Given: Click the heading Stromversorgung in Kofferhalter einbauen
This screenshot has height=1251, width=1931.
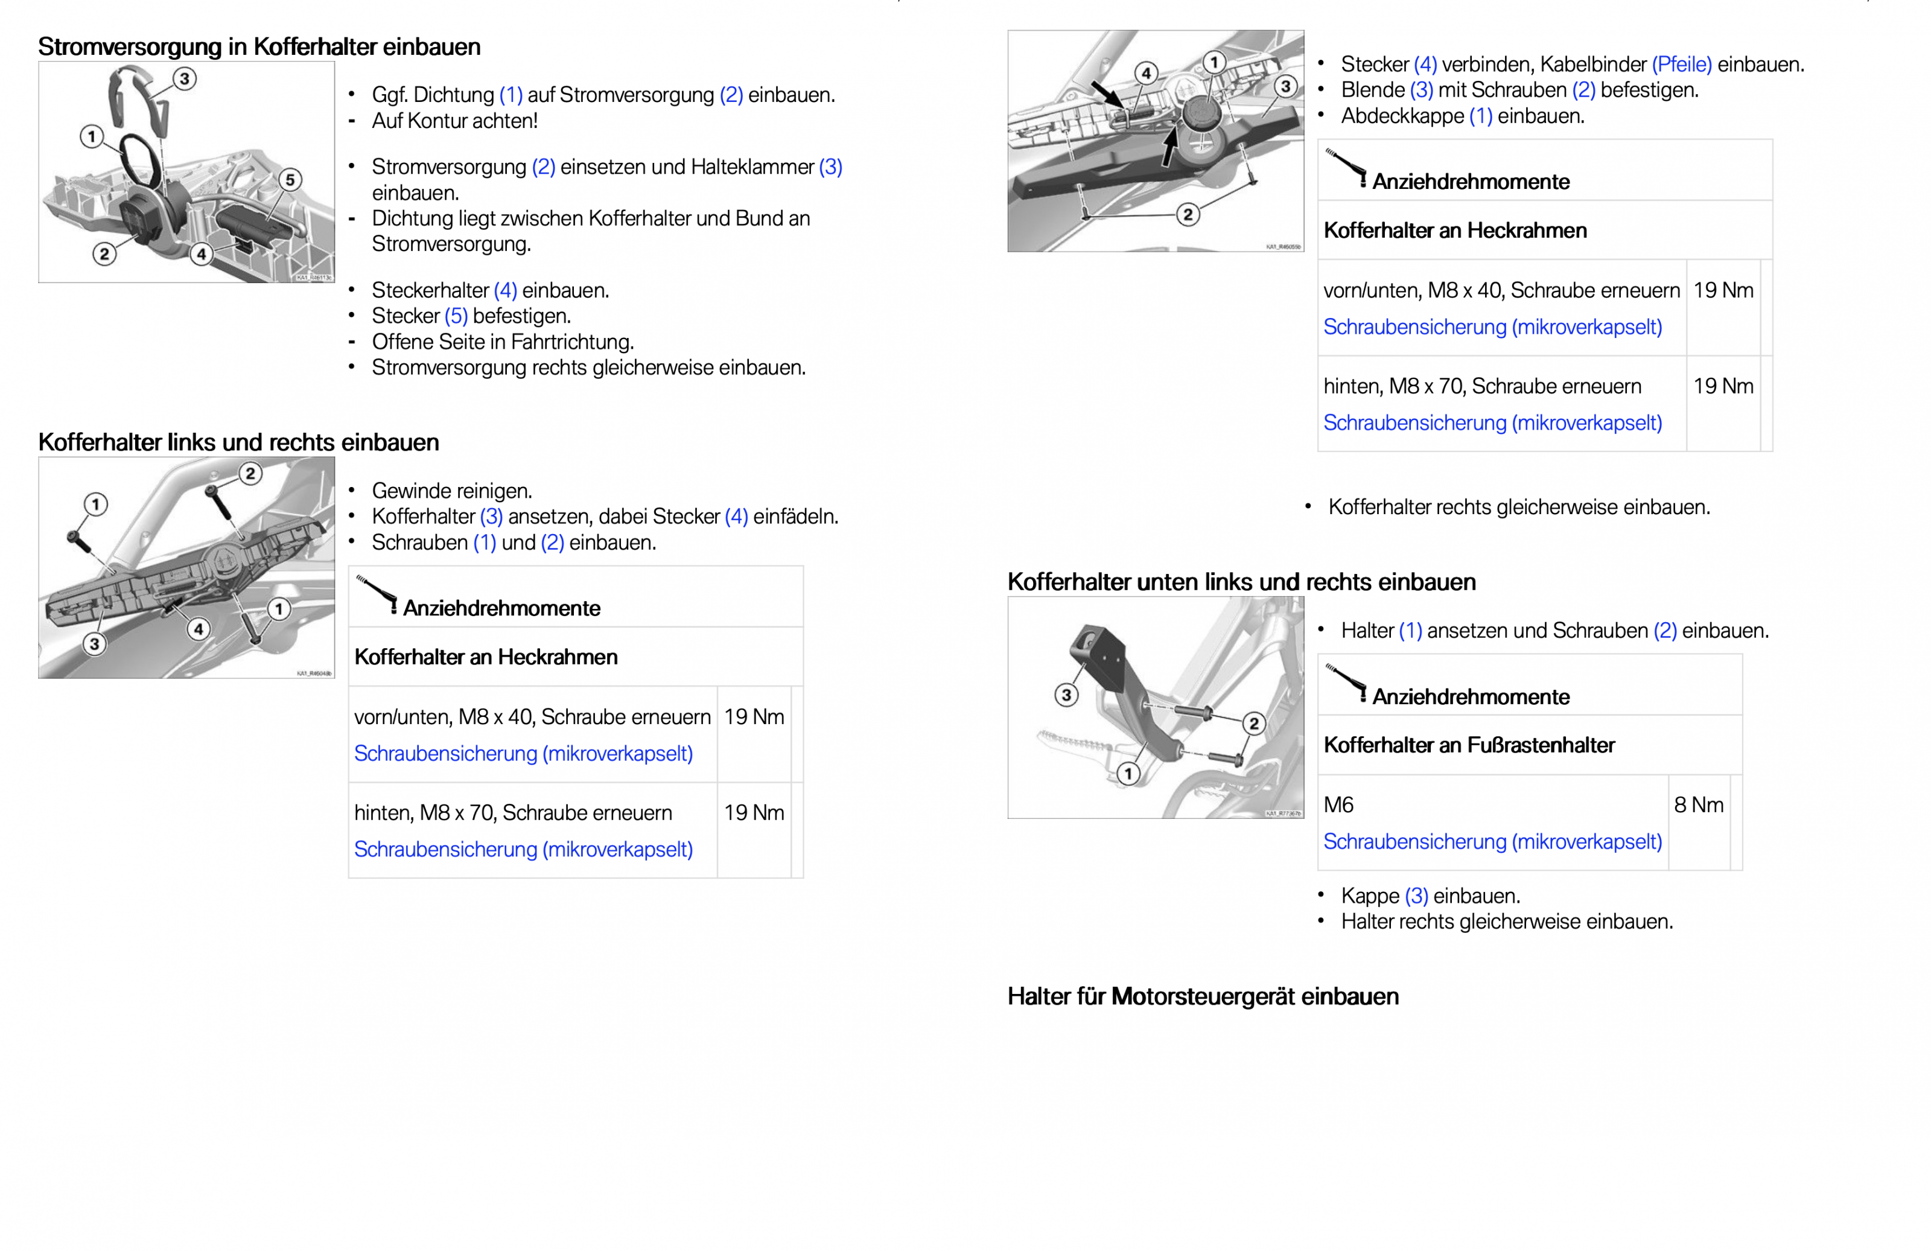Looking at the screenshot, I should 259,47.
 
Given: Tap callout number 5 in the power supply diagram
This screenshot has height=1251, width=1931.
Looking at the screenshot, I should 290,179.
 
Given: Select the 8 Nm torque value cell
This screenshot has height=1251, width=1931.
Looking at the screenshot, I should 1698,805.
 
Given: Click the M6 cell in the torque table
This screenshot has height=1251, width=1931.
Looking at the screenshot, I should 1338,805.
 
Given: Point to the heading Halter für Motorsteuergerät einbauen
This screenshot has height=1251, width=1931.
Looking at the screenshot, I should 1203,996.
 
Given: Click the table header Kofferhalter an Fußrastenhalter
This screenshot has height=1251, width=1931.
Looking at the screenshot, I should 1469,745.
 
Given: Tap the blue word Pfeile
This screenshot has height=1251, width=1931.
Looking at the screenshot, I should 1681,64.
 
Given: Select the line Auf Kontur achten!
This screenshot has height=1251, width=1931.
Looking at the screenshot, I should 454,121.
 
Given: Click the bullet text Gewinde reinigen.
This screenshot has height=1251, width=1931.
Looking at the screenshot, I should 452,491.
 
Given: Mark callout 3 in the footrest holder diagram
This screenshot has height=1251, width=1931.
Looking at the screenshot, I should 1066,695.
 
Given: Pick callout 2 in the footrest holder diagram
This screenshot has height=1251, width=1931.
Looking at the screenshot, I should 1253,723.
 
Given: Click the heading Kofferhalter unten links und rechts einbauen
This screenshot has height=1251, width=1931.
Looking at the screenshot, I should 1241,582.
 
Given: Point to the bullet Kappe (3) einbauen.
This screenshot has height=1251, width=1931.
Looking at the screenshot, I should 1430,896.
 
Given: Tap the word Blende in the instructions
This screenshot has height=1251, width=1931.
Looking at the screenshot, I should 1373,90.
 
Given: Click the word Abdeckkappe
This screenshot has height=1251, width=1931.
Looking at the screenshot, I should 1402,116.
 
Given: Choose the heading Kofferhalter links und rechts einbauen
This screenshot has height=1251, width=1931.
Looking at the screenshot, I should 238,442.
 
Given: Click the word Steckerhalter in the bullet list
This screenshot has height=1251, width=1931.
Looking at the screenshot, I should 430,290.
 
